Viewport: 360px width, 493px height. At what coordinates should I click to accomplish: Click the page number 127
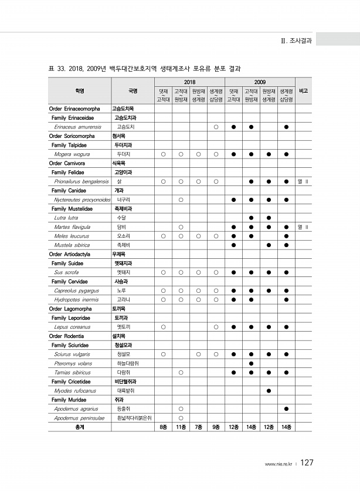[x=307, y=463]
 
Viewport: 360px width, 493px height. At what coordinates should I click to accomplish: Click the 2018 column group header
[x=189, y=82]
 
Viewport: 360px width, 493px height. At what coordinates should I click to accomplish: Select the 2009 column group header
[x=260, y=82]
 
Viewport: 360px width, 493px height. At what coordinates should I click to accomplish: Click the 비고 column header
[x=303, y=91]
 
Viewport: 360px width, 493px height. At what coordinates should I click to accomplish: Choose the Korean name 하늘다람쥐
[x=128, y=363]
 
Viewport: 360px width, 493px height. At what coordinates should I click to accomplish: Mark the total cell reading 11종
[x=181, y=427]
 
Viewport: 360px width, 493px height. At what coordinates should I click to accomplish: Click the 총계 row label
[x=79, y=427]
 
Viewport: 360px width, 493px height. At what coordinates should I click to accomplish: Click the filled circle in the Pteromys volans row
[x=251, y=363]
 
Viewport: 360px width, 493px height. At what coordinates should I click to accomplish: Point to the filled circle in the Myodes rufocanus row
[x=269, y=391]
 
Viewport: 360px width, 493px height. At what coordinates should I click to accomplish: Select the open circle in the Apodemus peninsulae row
[x=181, y=418]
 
